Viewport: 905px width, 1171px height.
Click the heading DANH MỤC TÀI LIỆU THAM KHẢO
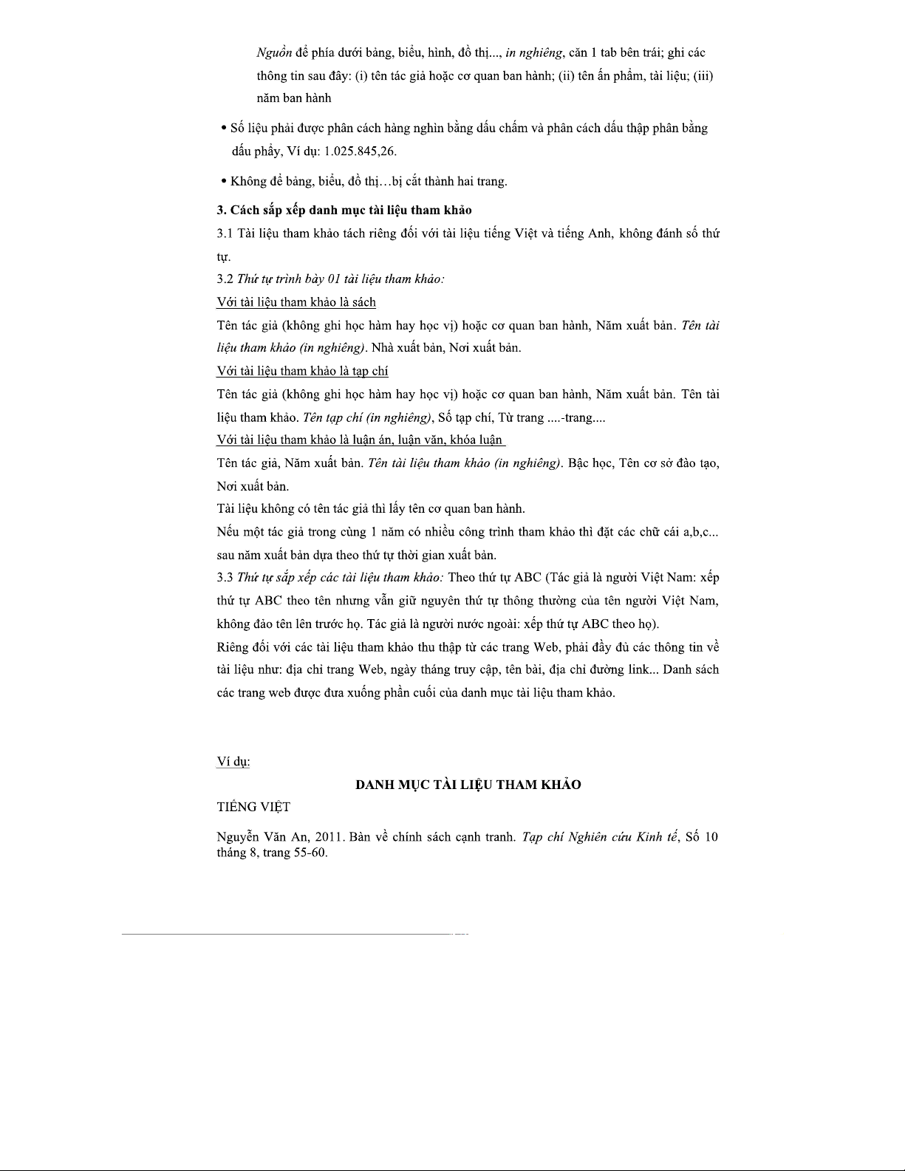(x=468, y=785)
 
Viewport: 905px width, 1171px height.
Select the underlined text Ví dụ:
(x=233, y=762)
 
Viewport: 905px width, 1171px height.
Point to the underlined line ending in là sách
(x=296, y=302)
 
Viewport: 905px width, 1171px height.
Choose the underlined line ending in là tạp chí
(x=302, y=371)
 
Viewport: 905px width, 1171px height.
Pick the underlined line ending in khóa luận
(x=360, y=440)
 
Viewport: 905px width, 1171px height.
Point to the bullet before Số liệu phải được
(x=224, y=129)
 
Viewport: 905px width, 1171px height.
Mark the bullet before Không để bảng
(x=224, y=181)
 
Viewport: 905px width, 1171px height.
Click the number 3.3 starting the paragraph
(x=225, y=577)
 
